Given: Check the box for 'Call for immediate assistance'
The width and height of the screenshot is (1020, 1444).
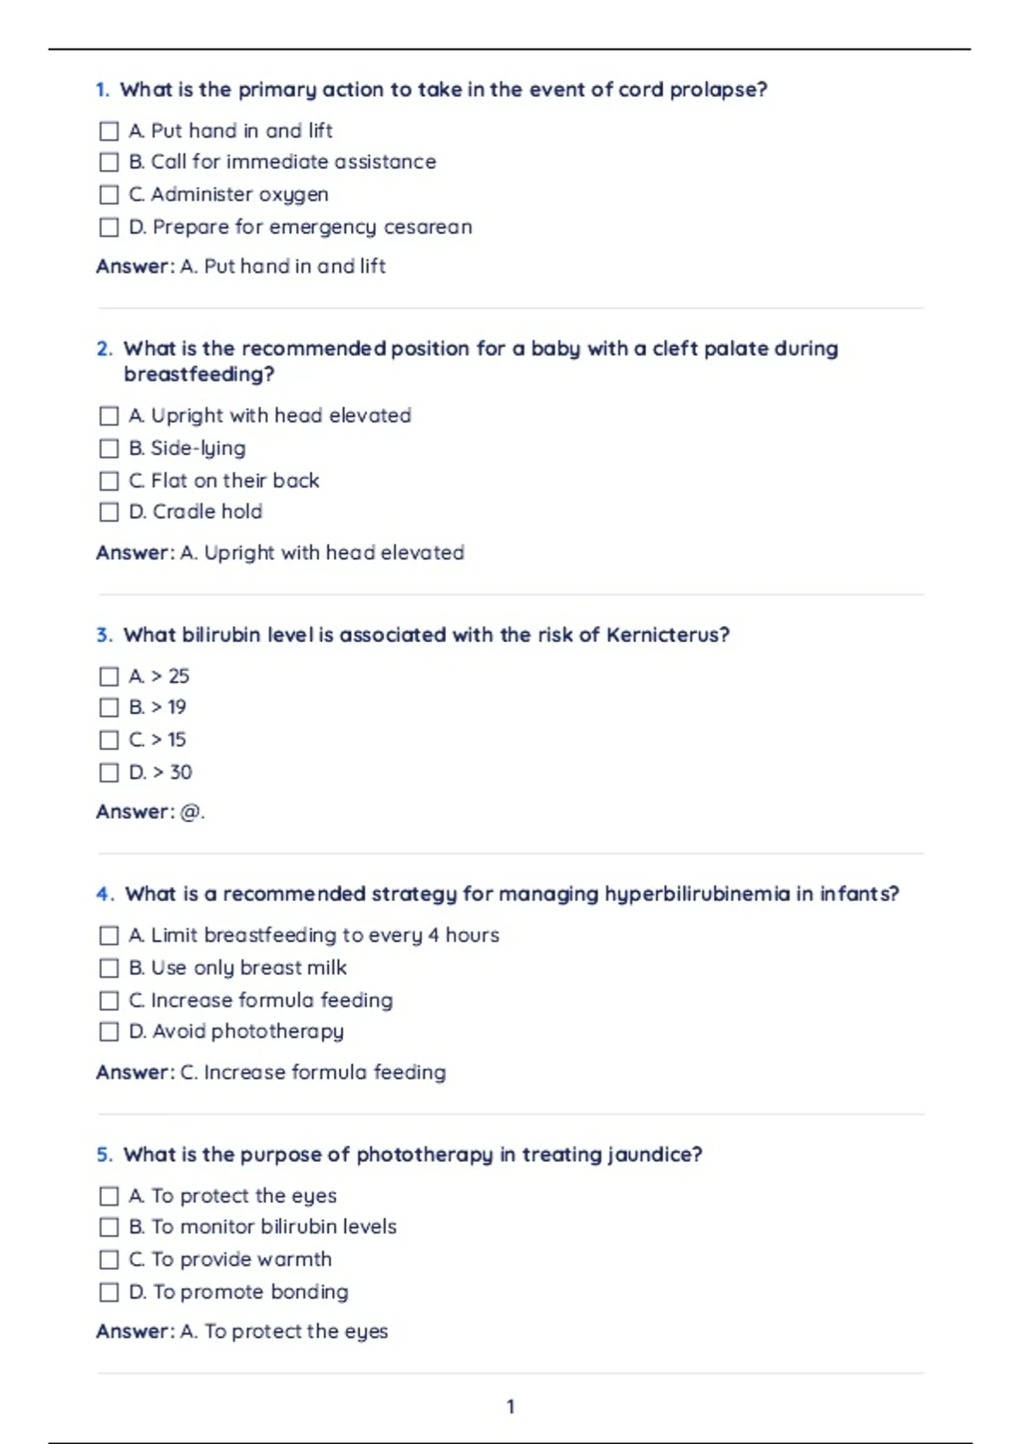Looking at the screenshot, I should pos(109,162).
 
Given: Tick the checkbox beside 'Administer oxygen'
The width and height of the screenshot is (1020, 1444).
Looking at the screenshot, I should pos(109,195).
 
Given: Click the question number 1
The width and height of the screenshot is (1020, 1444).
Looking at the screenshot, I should pos(102,90).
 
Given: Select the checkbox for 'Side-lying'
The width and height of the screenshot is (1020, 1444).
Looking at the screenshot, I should pos(109,448).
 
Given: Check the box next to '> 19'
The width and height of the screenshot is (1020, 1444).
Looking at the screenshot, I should pos(109,708).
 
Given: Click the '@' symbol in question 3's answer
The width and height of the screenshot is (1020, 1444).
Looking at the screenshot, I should pos(190,812).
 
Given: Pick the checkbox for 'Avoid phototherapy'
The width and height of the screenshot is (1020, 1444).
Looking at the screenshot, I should pos(109,1032).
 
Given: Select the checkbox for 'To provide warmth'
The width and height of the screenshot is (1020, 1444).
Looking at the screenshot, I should pos(109,1260).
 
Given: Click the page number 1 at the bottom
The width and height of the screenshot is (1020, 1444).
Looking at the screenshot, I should pos(510,1407).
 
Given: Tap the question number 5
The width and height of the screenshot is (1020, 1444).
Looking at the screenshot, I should pos(104,1155).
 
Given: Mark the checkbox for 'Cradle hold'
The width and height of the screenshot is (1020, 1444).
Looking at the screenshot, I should pos(109,512).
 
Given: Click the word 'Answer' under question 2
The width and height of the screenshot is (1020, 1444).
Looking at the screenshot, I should pos(133,553).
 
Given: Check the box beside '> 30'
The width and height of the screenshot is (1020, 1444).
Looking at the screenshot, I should pos(109,773).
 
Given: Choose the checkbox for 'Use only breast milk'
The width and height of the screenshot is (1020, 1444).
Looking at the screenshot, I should pos(109,968).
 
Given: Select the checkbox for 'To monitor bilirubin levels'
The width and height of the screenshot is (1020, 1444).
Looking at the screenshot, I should pos(109,1227).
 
